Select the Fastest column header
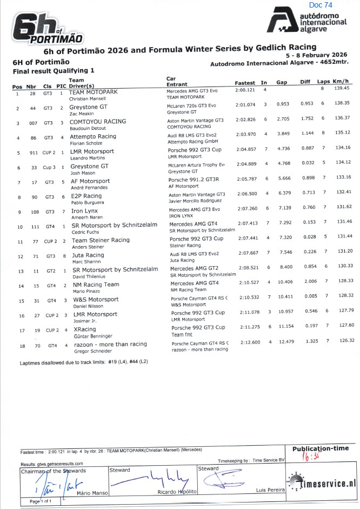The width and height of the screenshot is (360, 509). coord(244,83)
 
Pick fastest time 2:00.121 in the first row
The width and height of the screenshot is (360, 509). coord(245,90)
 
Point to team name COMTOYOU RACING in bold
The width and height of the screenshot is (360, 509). coord(98,122)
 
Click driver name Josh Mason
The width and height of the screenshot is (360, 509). coord(83,173)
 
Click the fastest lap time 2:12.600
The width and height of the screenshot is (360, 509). coord(245,342)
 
